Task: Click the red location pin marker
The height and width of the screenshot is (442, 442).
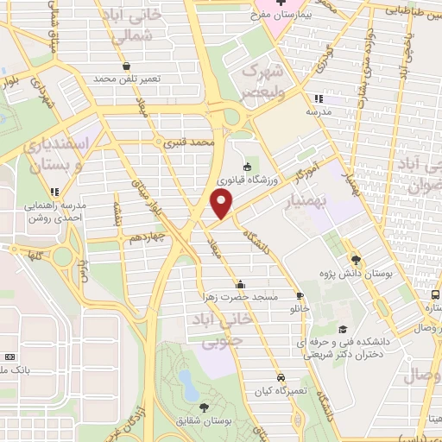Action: (x=222, y=205)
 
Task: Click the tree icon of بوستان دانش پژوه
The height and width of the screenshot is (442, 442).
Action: (x=356, y=258)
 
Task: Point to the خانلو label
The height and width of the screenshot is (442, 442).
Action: (x=300, y=307)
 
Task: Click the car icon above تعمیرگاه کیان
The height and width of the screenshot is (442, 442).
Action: (x=281, y=377)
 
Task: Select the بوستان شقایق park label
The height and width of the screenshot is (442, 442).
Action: (x=205, y=420)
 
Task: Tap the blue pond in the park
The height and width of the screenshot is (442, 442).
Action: (x=185, y=380)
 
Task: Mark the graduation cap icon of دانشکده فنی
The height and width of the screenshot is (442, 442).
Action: (x=343, y=329)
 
